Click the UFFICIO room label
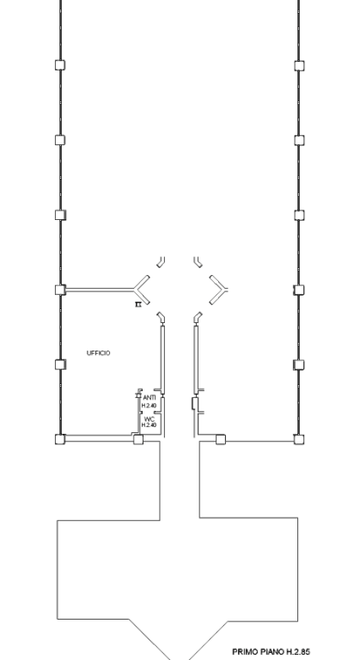[x=99, y=352]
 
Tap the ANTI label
[x=149, y=398]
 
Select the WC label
[x=149, y=419]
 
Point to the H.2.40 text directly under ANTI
[x=149, y=406]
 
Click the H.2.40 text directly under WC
[x=149, y=425]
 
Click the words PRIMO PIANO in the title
[x=259, y=651]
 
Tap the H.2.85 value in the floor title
[x=298, y=651]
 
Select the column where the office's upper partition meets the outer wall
[x=60, y=290]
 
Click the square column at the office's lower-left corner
[x=60, y=439]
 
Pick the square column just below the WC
[x=138, y=439]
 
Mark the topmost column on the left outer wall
[x=60, y=65]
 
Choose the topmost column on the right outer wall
[x=299, y=65]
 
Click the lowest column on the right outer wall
[x=299, y=440]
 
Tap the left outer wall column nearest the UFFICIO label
[x=60, y=364]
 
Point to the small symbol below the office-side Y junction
[x=137, y=304]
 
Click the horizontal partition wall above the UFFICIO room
[x=100, y=290]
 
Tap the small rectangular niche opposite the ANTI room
[x=195, y=403]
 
